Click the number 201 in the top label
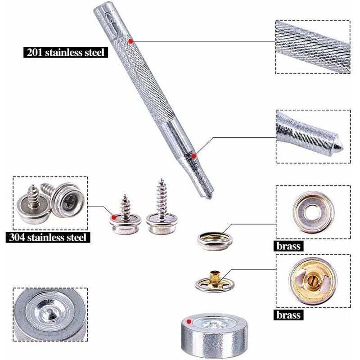[35, 52]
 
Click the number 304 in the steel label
[17, 238]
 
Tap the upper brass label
[288, 246]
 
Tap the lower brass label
[288, 315]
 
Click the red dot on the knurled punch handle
[130, 41]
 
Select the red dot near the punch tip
[194, 156]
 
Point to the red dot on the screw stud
[114, 217]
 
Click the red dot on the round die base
[189, 321]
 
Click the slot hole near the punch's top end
[109, 18]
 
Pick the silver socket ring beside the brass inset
[215, 241]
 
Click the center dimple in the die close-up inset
[49, 311]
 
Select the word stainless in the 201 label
[64, 52]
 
